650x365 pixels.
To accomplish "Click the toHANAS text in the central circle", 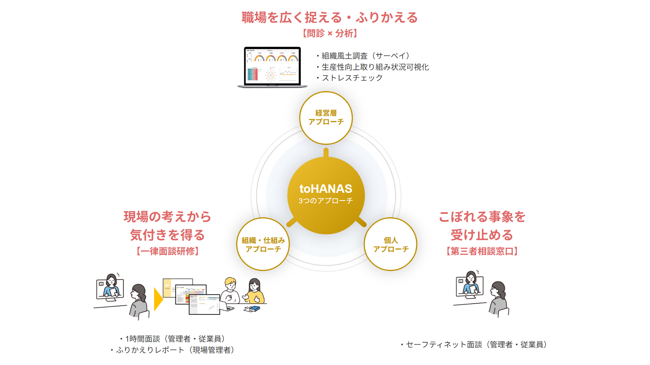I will tap(326, 189).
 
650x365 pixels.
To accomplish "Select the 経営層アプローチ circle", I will tap(326, 118).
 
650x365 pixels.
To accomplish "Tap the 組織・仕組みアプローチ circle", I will tap(263, 244).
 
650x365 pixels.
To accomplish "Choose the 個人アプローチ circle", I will tap(391, 244).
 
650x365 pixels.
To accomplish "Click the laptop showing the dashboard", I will tap(272, 67).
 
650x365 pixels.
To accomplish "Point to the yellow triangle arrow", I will tap(158, 299).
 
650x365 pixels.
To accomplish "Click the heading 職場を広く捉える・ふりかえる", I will tap(330, 18).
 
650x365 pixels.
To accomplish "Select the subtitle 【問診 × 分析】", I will tap(330, 33).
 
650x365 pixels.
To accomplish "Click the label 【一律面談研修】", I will tap(167, 251).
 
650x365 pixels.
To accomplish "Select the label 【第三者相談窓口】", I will tap(482, 251).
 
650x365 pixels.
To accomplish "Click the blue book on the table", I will tap(252, 309).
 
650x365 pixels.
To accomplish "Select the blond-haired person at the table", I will tap(231, 290).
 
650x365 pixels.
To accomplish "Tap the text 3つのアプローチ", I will tap(326, 201).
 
